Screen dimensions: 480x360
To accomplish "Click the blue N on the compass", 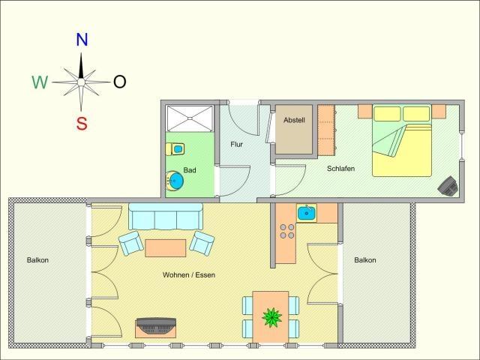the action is click(82, 40).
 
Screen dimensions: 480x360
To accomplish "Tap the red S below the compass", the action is click(82, 123).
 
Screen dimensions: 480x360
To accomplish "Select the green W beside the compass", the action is click(40, 82).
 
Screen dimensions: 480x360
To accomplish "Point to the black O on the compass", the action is click(120, 82).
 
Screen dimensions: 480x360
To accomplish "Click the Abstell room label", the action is click(294, 120).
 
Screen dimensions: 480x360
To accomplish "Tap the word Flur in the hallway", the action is click(237, 144).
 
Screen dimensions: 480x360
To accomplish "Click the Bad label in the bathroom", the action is click(190, 170).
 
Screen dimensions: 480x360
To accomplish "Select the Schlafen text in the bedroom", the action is click(340, 168).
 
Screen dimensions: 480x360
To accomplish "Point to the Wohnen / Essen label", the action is click(189, 275).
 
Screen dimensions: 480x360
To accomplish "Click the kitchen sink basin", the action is click(307, 213).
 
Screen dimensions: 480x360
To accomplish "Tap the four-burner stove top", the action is click(287, 231).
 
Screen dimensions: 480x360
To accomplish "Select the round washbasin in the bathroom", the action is click(175, 181).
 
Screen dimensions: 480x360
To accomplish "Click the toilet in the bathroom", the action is click(175, 149).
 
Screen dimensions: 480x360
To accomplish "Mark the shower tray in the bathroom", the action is click(190, 118).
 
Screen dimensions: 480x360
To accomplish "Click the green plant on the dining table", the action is click(271, 317).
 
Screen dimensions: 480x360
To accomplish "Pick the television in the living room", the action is click(156, 326).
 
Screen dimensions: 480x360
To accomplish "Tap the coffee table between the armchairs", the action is click(165, 248).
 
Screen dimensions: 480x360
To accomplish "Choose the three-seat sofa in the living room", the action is click(166, 217).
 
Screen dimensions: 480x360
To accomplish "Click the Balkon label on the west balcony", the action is click(37, 260).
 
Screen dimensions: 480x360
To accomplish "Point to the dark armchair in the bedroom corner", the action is click(448, 185).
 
